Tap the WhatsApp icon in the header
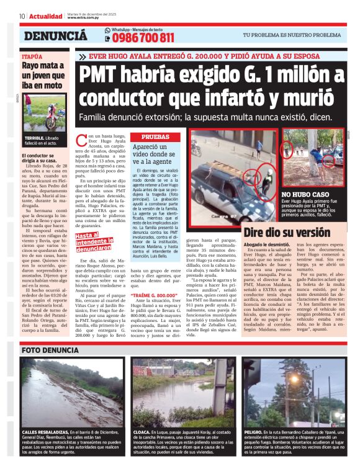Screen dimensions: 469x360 tap(107, 37)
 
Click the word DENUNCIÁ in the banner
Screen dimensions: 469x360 tap(56, 37)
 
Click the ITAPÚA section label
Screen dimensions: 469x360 tap(32, 56)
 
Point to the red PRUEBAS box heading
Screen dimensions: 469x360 tap(156, 136)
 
